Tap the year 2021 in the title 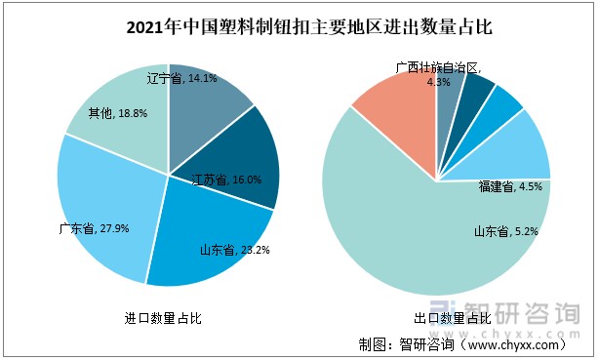tap(145, 27)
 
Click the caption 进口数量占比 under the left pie tap(163, 318)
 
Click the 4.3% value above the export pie tap(439, 82)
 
